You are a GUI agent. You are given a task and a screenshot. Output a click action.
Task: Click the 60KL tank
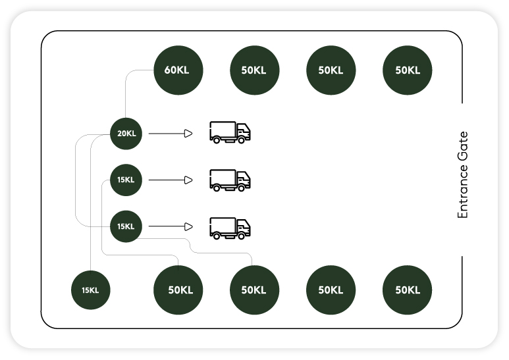pyautogui.click(x=178, y=70)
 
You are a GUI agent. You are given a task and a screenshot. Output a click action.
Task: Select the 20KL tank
pyautogui.click(x=126, y=134)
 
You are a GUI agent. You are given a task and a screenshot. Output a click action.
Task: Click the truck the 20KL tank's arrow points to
pyautogui.click(x=230, y=132)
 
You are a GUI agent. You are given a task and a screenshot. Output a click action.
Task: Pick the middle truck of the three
pyautogui.click(x=230, y=180)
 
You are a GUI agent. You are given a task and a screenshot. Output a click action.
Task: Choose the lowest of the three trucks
pyautogui.click(x=230, y=227)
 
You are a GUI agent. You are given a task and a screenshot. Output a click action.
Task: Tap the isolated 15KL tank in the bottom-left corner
pyautogui.click(x=90, y=290)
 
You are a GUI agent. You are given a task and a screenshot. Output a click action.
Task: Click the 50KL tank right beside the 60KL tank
pyautogui.click(x=254, y=70)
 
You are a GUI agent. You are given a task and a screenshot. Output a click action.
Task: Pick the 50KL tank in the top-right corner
pyautogui.click(x=407, y=70)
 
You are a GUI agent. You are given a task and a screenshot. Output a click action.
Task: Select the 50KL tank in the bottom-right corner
pyautogui.click(x=407, y=290)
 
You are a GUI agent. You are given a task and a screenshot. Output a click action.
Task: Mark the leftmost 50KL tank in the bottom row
pyautogui.click(x=178, y=290)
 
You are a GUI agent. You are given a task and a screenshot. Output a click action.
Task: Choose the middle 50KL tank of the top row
pyautogui.click(x=331, y=70)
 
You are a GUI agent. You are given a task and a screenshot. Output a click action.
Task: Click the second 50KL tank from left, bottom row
pyautogui.click(x=254, y=290)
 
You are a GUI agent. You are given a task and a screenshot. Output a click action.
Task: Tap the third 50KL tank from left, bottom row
pyautogui.click(x=331, y=290)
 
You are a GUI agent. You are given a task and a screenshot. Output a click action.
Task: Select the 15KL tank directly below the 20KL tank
pyautogui.click(x=126, y=180)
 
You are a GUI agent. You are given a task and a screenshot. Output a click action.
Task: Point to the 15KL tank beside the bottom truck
pyautogui.click(x=126, y=226)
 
